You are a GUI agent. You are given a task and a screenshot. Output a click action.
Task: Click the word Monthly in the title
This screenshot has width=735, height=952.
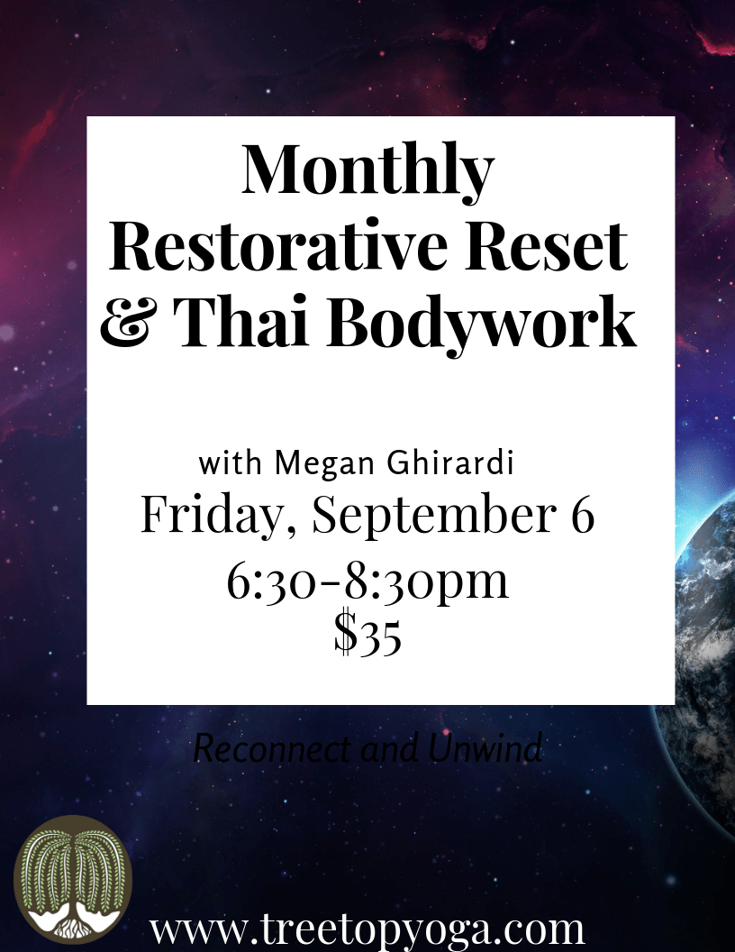pyautogui.click(x=367, y=172)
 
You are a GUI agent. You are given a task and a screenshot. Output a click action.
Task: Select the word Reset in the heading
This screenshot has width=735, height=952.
pyautogui.click(x=546, y=246)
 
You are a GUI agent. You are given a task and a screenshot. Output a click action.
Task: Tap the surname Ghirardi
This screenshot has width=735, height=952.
pyautogui.click(x=450, y=462)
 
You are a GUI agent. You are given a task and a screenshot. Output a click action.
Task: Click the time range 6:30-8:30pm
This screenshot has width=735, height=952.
pyautogui.click(x=367, y=581)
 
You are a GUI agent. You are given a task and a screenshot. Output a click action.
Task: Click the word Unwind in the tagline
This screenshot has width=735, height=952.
pyautogui.click(x=485, y=748)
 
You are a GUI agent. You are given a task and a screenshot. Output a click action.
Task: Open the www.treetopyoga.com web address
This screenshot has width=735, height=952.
pyautogui.click(x=367, y=929)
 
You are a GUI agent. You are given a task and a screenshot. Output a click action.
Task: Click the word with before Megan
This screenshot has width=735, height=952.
pyautogui.click(x=231, y=464)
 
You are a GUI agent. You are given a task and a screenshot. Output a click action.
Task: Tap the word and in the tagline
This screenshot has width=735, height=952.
pyautogui.click(x=390, y=749)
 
